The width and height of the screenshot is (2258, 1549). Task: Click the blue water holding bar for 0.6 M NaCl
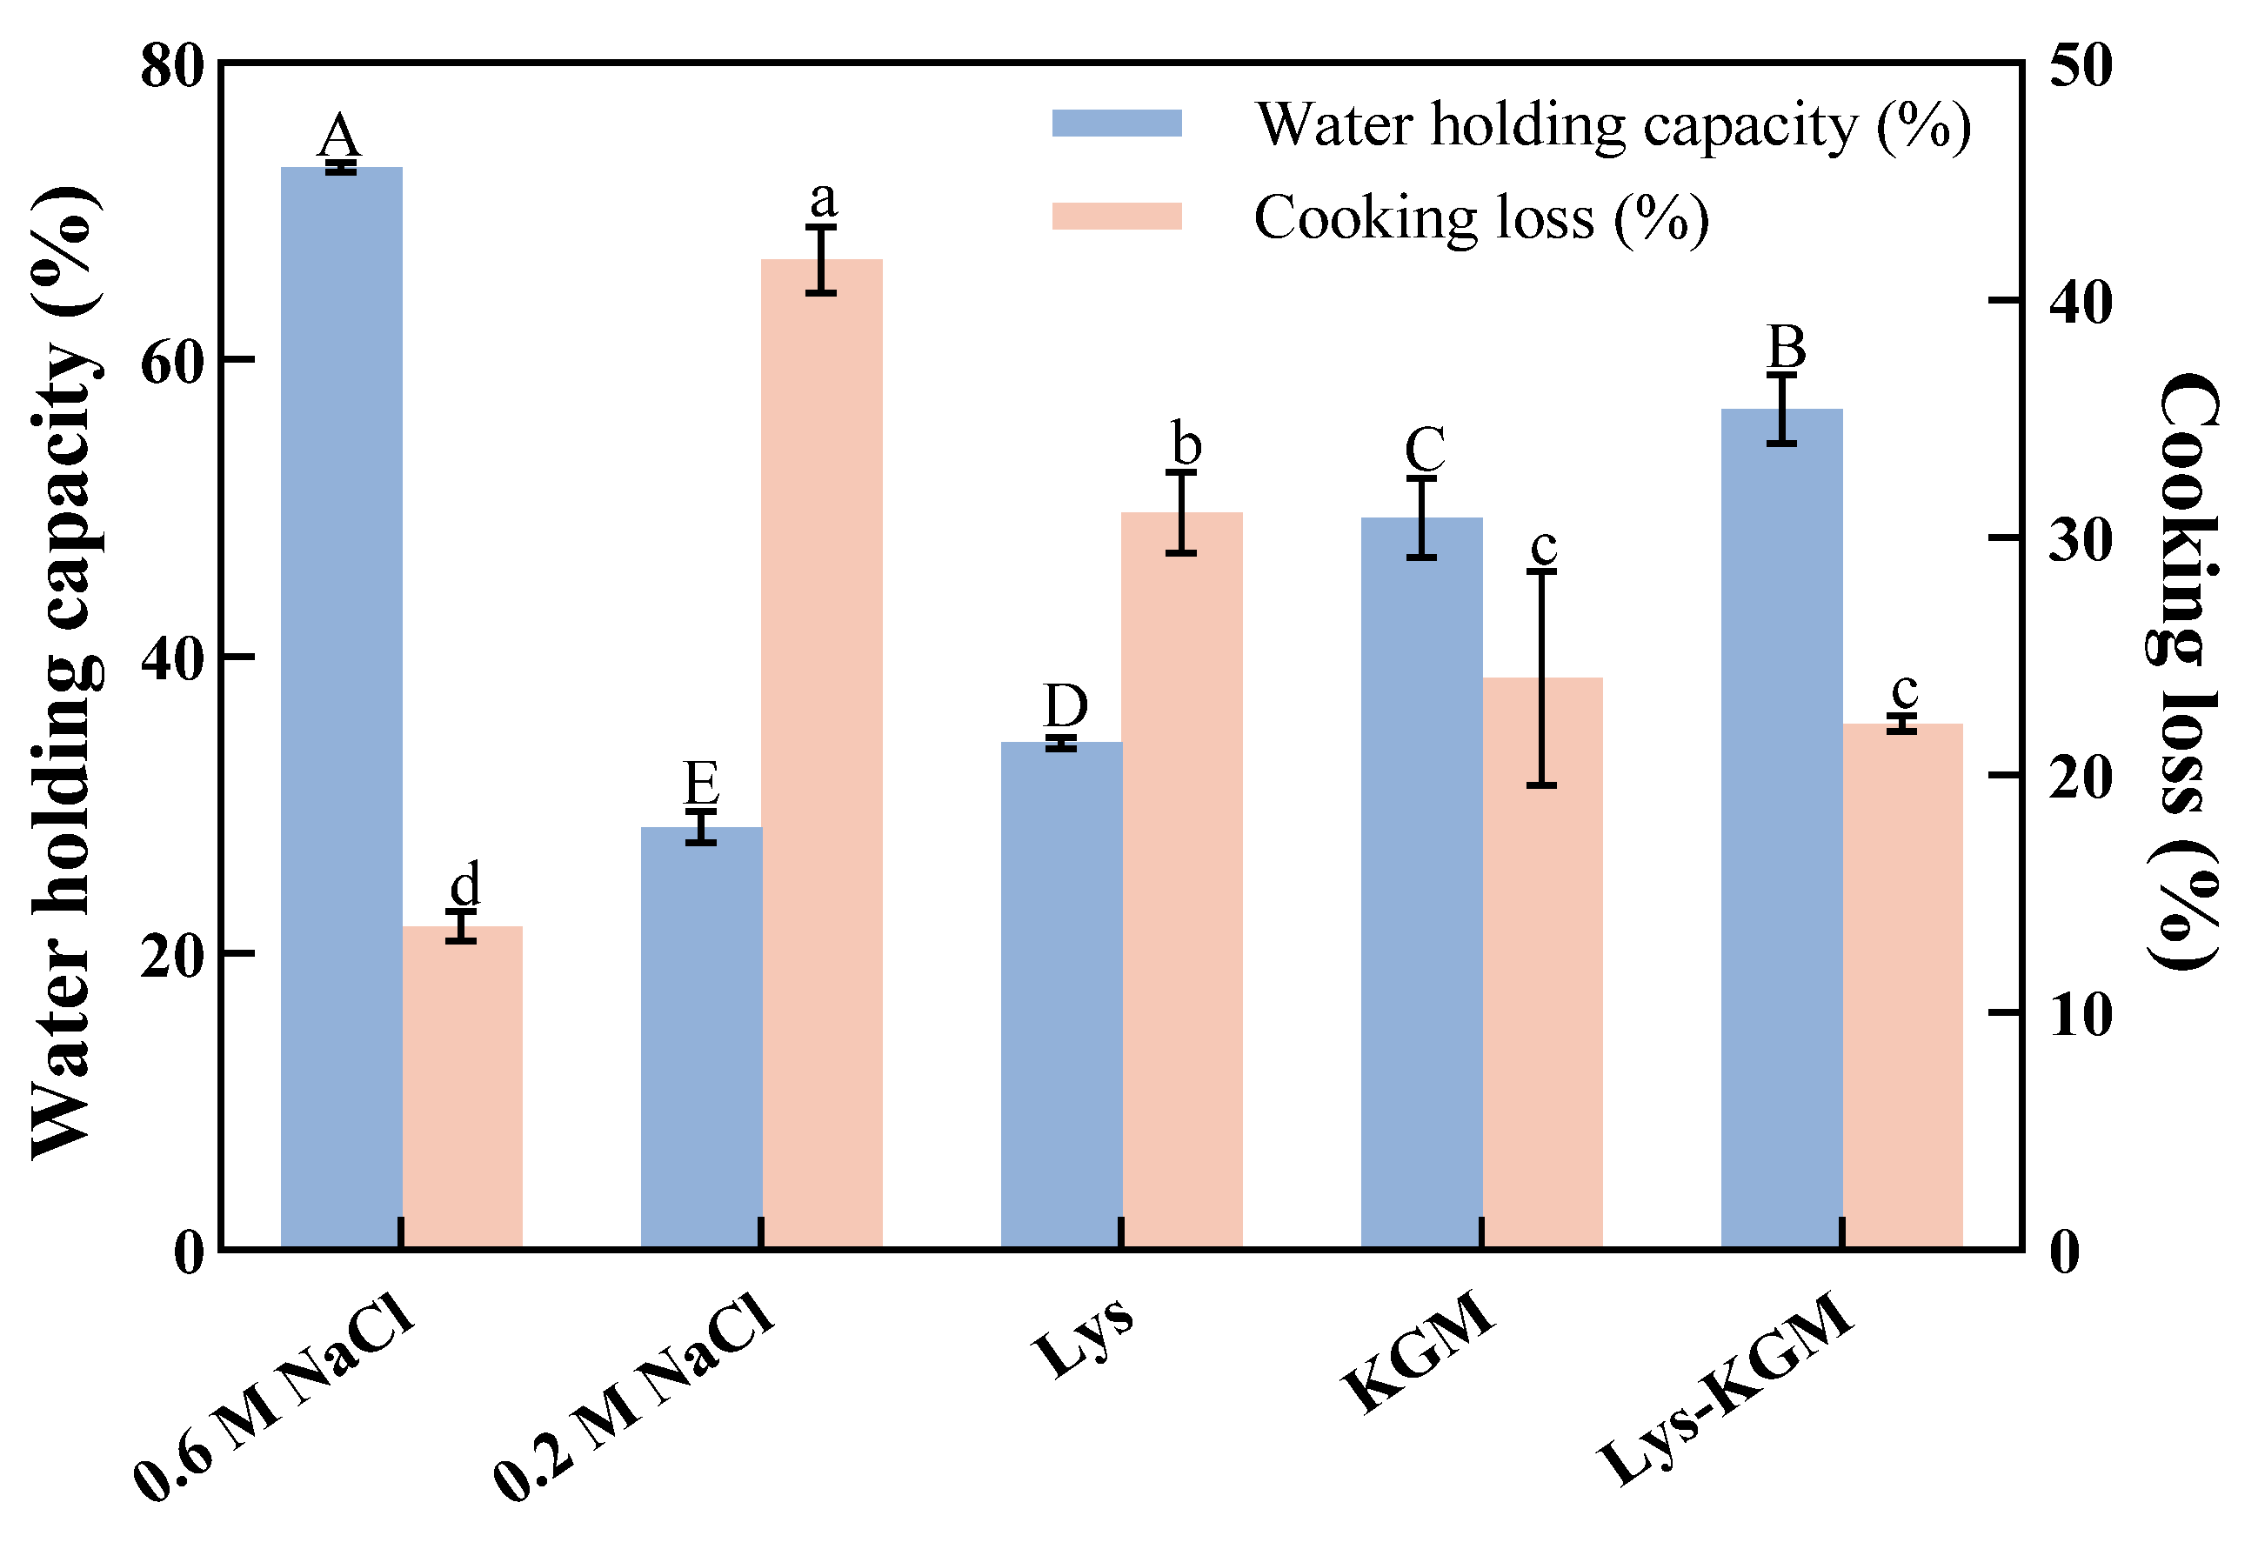(341, 706)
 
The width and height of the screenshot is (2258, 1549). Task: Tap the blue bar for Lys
(1061, 994)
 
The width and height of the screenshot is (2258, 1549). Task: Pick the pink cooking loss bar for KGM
(1542, 962)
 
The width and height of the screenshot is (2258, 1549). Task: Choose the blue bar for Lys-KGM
(1782, 828)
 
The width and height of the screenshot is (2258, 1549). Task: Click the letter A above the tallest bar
(339, 136)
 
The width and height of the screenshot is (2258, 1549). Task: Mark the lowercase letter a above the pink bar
(823, 200)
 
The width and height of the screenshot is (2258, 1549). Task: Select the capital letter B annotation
(1786, 347)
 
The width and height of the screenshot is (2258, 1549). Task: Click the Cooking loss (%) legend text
(1480, 217)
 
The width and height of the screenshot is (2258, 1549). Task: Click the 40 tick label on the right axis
(2081, 301)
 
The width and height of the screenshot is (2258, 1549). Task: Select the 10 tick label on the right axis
(2081, 1014)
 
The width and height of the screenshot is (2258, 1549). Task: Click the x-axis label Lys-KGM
(1727, 1390)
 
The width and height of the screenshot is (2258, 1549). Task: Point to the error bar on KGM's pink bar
(1542, 678)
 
